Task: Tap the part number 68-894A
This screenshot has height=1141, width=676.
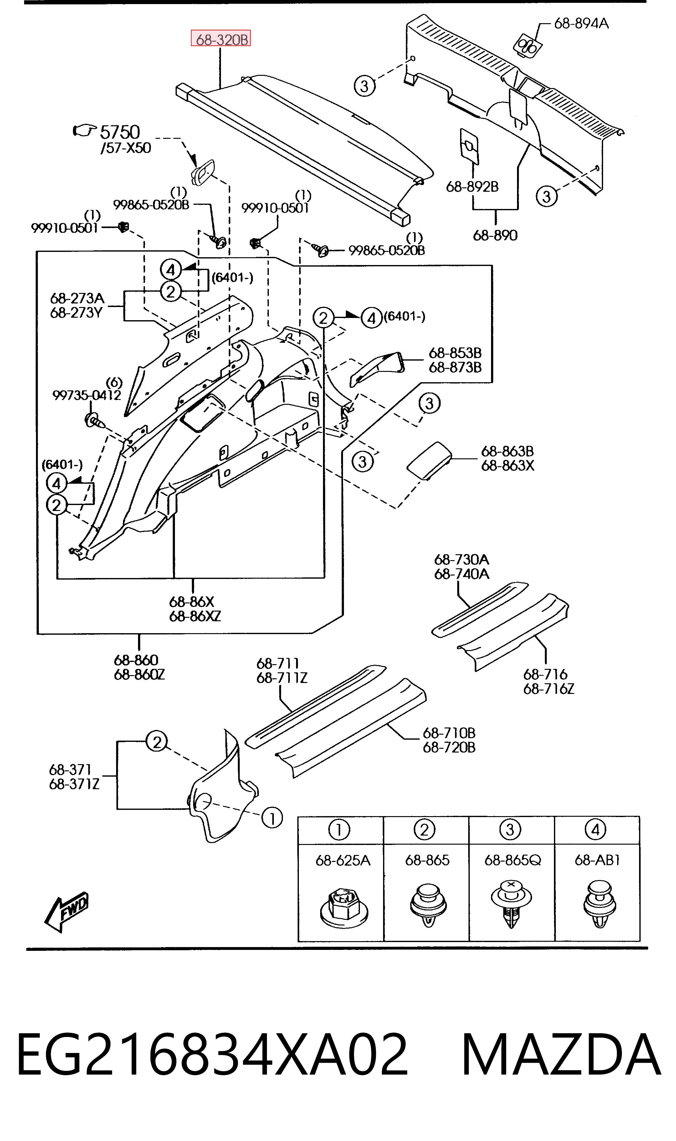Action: (x=581, y=23)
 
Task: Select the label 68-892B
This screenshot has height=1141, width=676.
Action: (x=472, y=186)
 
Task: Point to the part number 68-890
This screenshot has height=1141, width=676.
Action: (x=495, y=235)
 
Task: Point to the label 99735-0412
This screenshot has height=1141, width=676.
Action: (x=87, y=395)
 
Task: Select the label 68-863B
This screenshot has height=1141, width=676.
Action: (x=507, y=451)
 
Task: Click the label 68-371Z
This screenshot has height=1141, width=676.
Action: (x=74, y=784)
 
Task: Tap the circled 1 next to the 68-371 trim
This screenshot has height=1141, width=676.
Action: (x=272, y=818)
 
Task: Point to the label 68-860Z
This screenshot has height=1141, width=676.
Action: (x=139, y=674)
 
